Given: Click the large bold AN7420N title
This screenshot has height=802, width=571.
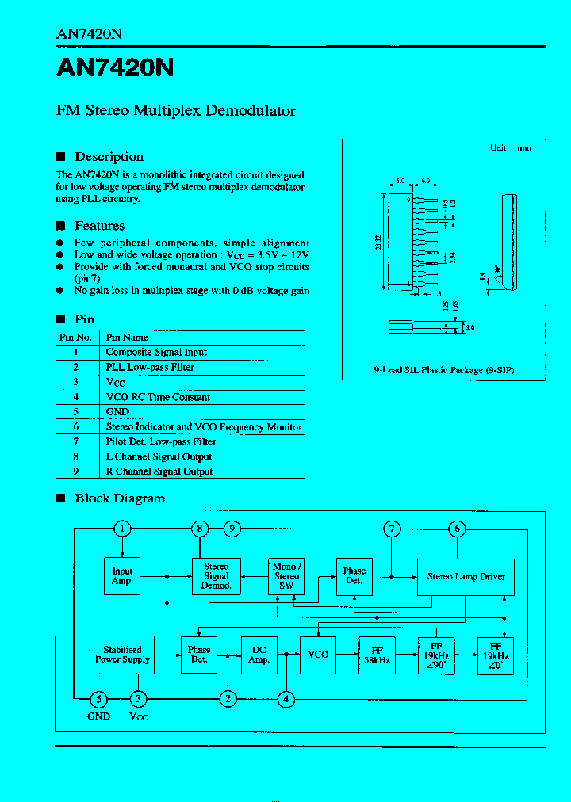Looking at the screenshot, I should tap(115, 69).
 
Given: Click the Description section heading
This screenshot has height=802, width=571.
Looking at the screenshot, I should tap(109, 157).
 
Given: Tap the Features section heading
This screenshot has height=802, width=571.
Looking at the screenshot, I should tap(99, 227).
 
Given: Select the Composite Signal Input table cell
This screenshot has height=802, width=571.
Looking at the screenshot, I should tap(156, 352).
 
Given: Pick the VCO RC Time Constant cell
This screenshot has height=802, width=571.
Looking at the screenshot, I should tap(158, 397).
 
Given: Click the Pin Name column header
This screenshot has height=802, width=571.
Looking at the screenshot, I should tap(127, 337).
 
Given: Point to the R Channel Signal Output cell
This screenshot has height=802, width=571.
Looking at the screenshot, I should tap(159, 472).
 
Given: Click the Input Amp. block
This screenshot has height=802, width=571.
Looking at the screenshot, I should tap(122, 576).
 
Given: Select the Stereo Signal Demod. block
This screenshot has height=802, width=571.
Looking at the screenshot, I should tap(217, 576).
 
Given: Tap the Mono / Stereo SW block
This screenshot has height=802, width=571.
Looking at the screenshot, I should tap(286, 576).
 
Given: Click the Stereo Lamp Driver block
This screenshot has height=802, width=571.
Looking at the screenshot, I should tap(466, 576).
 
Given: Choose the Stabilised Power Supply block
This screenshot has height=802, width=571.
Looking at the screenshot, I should tap(122, 655).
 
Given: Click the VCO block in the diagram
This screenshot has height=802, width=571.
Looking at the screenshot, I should tap(318, 655).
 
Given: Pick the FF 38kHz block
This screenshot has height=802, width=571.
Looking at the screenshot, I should tap(377, 655).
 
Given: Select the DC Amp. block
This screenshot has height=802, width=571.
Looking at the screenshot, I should tap(259, 655).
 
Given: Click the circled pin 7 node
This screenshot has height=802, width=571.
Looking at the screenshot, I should tap(392, 529).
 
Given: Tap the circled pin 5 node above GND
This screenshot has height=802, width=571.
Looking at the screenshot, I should tap(98, 698).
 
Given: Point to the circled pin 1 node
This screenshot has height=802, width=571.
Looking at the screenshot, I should tap(121, 529).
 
